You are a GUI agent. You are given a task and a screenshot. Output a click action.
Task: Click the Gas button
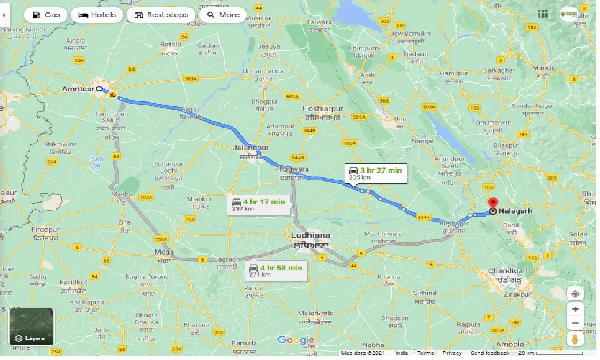46,15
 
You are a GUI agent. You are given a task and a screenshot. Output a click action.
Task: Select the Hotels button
97,15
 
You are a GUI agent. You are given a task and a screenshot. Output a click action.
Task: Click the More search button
223,15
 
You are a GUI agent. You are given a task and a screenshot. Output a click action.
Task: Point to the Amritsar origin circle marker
99,89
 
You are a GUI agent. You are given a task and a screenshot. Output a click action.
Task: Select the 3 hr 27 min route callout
375,173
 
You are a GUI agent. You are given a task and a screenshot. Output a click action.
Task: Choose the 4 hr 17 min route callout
258,205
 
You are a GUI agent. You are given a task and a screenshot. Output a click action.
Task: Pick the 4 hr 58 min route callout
276,270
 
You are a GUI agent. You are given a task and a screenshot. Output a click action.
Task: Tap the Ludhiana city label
310,235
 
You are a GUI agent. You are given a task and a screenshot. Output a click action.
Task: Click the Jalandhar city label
251,148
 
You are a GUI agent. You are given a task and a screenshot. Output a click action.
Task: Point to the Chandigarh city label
509,271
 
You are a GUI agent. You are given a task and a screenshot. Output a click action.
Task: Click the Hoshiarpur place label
322,109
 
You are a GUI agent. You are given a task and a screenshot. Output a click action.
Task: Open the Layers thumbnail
31,326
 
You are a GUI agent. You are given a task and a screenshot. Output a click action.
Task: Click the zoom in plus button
575,309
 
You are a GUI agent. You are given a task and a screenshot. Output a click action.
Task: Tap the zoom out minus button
575,323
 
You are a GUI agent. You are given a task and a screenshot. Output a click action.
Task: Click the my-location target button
575,294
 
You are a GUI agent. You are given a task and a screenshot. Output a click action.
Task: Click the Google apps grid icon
543,14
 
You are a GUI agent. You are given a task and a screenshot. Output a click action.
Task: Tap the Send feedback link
490,353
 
